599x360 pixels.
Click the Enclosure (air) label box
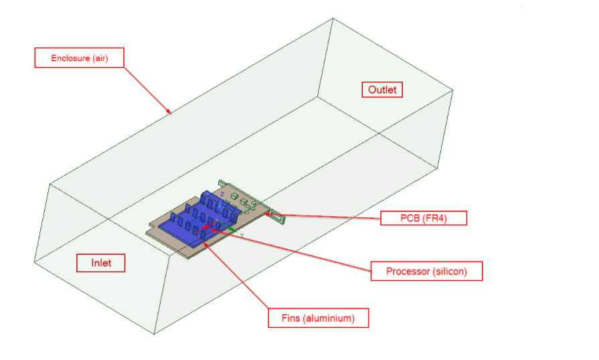click(79, 58)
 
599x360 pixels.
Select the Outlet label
click(382, 90)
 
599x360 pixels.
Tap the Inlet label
click(102, 262)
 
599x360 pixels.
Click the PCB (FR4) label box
click(423, 218)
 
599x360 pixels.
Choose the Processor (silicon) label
click(426, 272)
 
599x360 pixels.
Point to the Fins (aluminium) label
click(318, 318)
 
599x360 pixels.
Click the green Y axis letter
click(241, 236)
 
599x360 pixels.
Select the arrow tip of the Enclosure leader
click(171, 112)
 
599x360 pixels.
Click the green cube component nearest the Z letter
click(234, 197)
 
